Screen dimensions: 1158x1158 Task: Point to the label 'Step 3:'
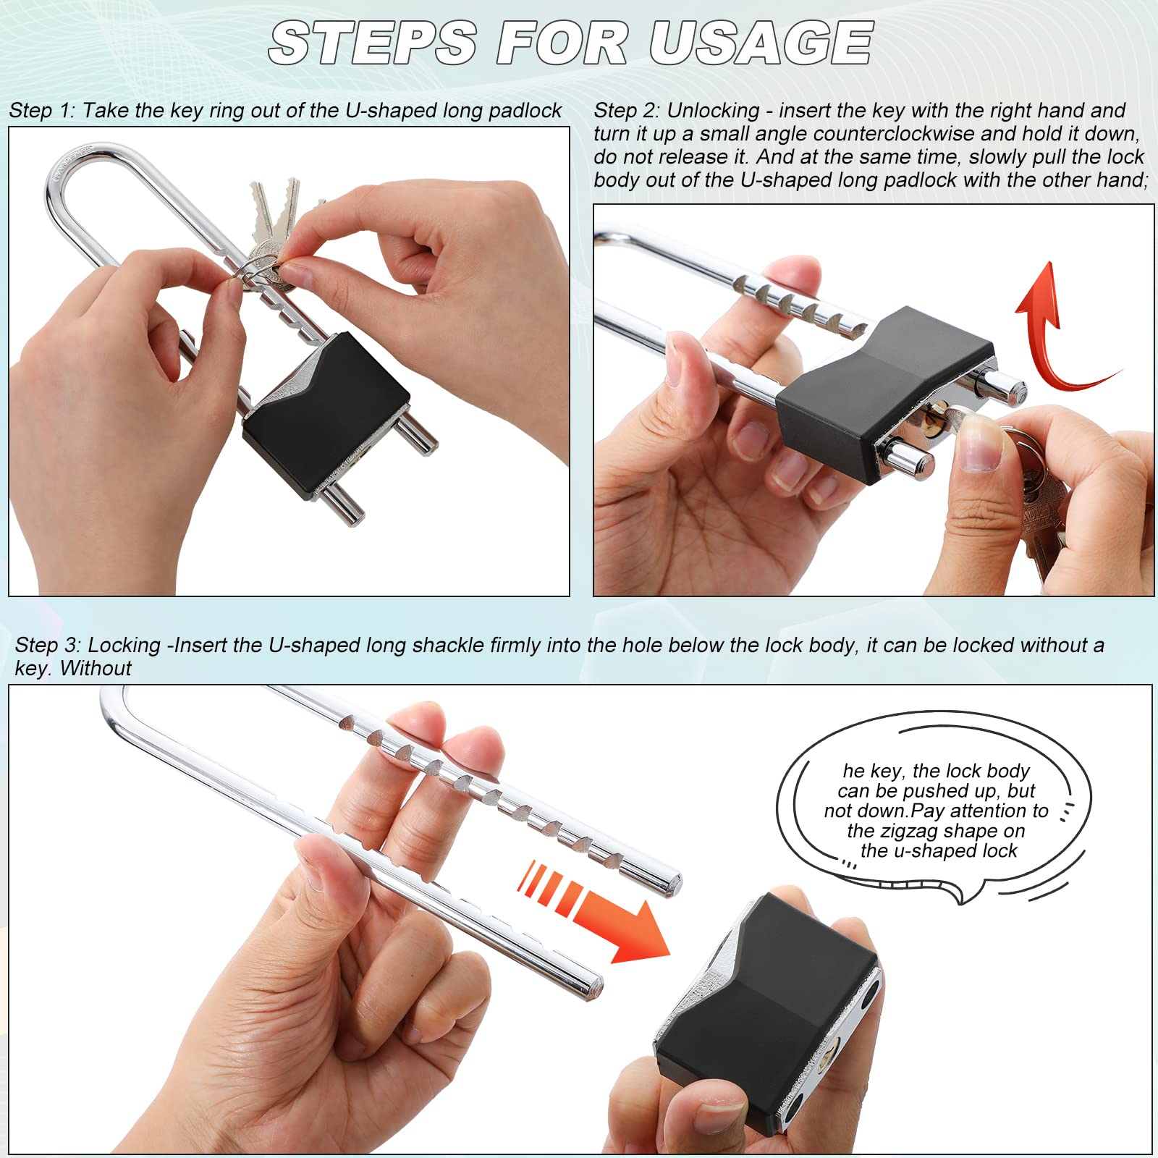(x=48, y=645)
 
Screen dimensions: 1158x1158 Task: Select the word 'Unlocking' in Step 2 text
(x=713, y=111)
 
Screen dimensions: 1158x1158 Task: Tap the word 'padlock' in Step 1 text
(x=525, y=111)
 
